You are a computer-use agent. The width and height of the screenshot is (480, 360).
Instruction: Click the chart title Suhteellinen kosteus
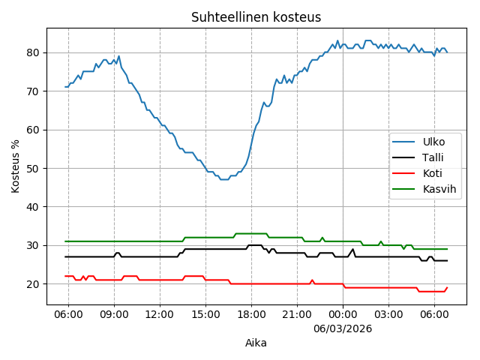click(256, 17)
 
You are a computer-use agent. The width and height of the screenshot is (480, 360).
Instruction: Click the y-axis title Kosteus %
click(16, 166)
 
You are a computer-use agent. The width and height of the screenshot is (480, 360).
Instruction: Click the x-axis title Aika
click(256, 343)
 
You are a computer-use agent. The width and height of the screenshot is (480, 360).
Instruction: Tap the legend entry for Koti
click(431, 172)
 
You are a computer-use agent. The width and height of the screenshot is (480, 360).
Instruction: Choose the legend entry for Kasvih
click(439, 189)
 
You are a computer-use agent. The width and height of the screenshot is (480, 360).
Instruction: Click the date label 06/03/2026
click(343, 328)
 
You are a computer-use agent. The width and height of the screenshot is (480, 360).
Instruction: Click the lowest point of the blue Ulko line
click(223, 179)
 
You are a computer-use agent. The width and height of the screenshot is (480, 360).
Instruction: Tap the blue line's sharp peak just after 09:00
click(118, 56)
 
